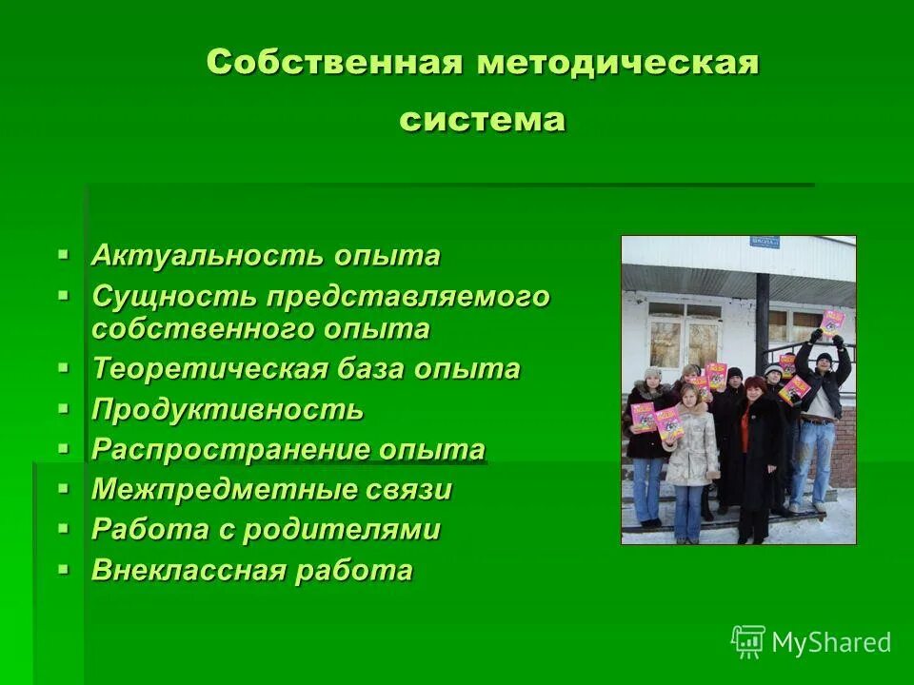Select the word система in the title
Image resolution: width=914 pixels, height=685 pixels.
[483, 120]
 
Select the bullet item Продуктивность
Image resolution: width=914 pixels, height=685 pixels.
[228, 410]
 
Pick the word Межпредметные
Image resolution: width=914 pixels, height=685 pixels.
[216, 490]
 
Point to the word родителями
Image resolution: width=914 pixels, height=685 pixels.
[342, 530]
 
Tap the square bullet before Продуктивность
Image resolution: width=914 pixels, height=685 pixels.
[64, 408]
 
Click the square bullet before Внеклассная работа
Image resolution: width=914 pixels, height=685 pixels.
[64, 569]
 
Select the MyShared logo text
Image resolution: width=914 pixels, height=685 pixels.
[831, 642]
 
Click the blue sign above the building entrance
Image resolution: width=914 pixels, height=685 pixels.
[765, 242]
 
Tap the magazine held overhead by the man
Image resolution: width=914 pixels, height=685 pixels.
[832, 320]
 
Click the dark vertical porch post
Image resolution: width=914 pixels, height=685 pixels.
[763, 315]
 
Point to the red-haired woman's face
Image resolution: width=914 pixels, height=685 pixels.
[753, 389]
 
